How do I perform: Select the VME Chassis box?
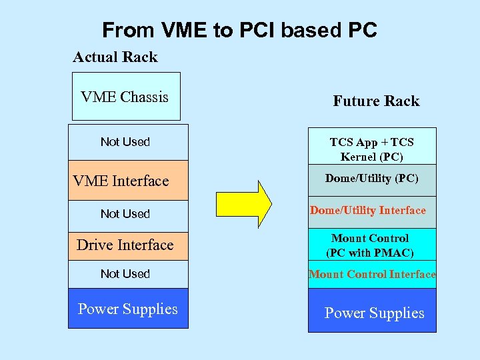pyautogui.click(x=125, y=97)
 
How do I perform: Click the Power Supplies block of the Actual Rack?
pyautogui.click(x=128, y=309)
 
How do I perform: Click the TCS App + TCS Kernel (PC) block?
pyautogui.click(x=372, y=149)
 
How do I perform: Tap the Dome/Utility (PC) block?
pyautogui.click(x=372, y=179)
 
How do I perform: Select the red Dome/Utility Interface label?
pyautogui.click(x=368, y=211)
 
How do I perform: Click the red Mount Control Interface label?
pyautogui.click(x=372, y=274)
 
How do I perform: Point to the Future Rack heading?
pyautogui.click(x=376, y=101)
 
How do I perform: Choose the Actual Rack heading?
pyautogui.click(x=115, y=57)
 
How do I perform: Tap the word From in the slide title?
pyautogui.click(x=127, y=31)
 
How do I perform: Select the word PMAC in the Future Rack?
pyautogui.click(x=393, y=253)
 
